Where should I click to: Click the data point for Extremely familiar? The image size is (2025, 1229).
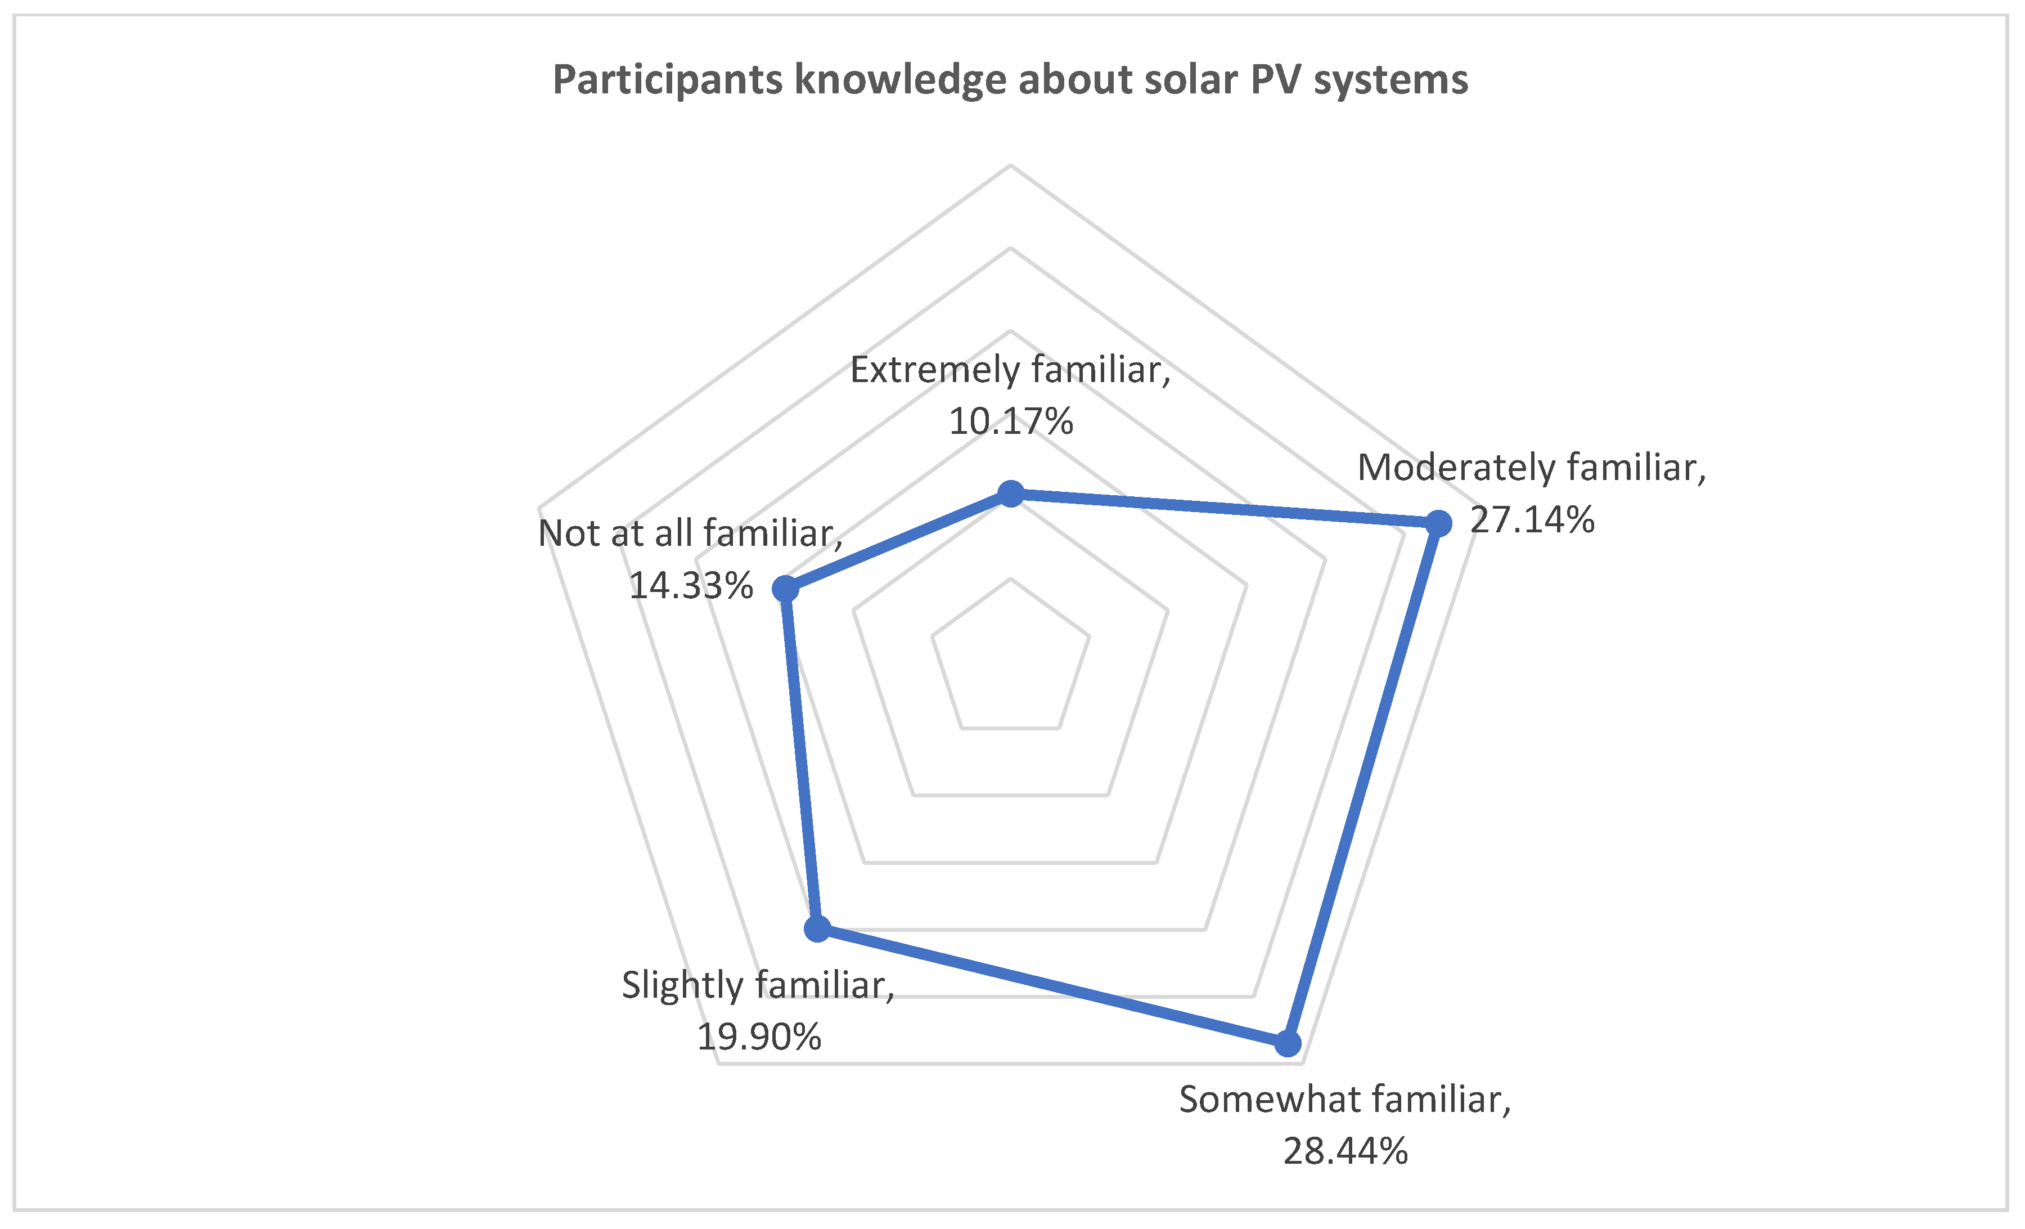tap(1010, 494)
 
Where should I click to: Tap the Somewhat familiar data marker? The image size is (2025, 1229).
tap(1288, 1043)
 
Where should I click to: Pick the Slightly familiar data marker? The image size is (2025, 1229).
tap(817, 929)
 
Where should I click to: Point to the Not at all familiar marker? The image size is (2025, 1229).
tap(786, 589)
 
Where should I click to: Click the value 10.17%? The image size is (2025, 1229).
tap(1010, 421)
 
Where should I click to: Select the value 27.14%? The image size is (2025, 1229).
tap(1532, 519)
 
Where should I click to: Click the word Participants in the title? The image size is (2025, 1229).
tap(667, 80)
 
